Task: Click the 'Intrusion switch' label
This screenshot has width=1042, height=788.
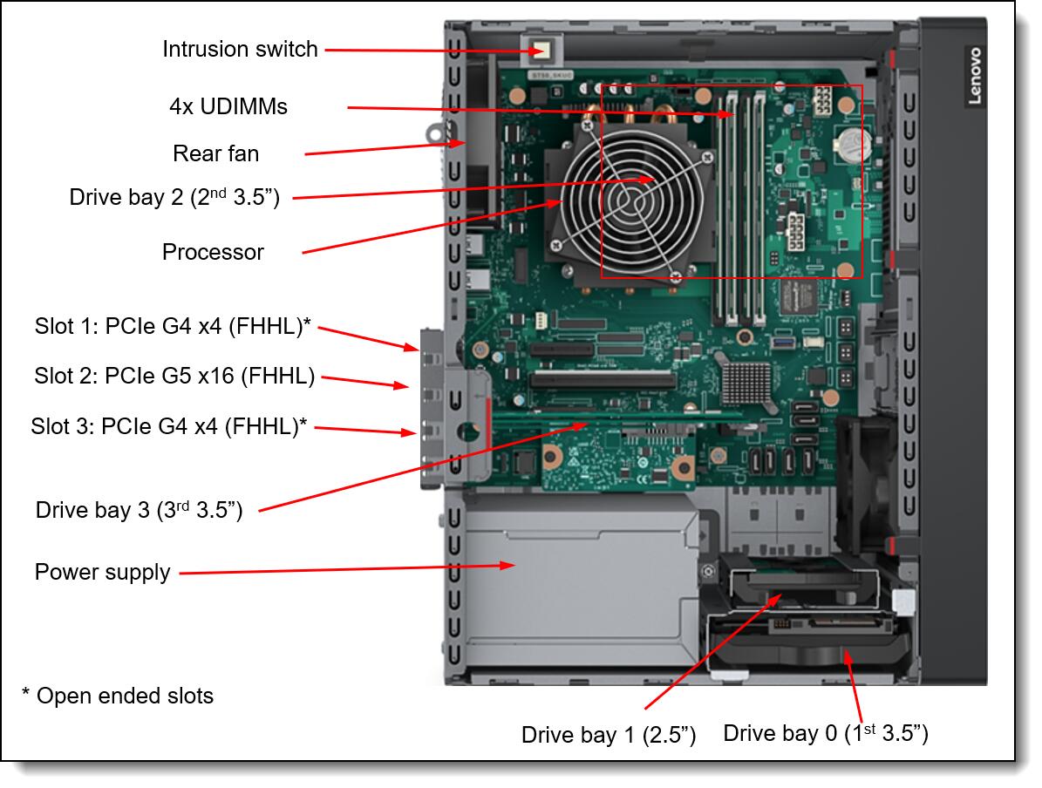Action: point(240,49)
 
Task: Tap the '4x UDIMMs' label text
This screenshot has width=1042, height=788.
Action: point(228,106)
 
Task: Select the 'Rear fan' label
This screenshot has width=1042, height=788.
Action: point(215,154)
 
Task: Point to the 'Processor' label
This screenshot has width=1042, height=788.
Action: point(213,252)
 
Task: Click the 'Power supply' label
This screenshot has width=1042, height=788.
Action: point(102,573)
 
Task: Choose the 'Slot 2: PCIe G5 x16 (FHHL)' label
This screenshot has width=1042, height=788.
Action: point(174,377)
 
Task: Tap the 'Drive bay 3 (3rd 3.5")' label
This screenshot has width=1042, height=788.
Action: point(139,510)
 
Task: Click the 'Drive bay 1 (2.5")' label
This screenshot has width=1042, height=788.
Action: point(608,735)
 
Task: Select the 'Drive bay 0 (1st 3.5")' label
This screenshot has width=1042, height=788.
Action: point(825,733)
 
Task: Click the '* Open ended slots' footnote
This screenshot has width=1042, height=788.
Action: point(118,696)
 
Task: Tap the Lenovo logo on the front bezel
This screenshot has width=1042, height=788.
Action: point(973,76)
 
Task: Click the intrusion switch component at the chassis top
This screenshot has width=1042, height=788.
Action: point(541,50)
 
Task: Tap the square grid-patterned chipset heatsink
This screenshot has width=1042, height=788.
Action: point(744,384)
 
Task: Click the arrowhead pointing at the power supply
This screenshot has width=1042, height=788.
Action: point(511,566)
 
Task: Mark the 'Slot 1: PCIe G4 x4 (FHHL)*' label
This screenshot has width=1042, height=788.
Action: point(173,327)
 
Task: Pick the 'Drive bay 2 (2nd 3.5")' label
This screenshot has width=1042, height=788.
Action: point(174,198)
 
